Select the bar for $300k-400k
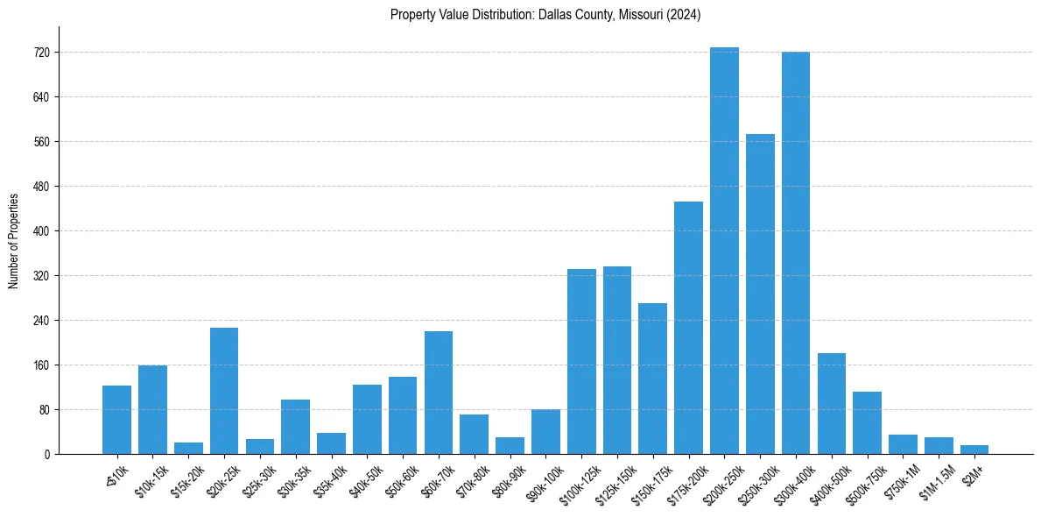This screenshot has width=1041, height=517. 796,253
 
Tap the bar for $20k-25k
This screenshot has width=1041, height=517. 224,391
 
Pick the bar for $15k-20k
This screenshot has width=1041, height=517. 188,449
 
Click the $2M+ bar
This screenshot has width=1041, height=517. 974,450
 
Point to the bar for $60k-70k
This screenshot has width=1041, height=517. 439,393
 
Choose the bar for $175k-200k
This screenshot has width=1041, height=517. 688,328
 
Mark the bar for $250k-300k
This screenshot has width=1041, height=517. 760,294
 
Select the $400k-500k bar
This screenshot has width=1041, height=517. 832,404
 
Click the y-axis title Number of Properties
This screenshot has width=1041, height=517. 14,240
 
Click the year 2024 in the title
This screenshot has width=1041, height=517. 686,15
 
